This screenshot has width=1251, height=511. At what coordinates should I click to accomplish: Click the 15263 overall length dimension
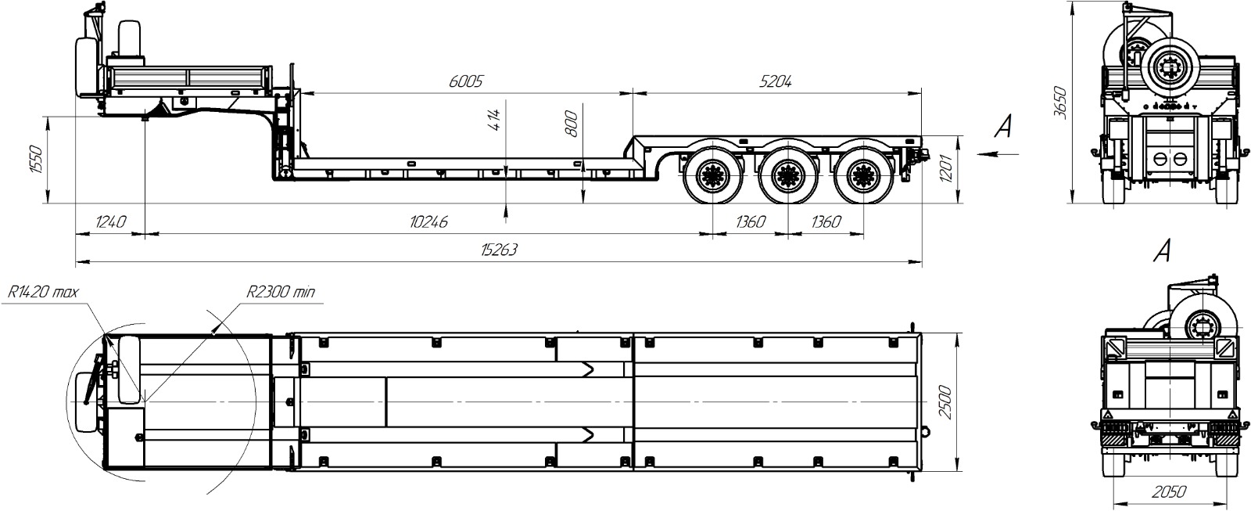(x=499, y=250)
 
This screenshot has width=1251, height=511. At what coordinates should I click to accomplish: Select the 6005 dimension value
(x=465, y=81)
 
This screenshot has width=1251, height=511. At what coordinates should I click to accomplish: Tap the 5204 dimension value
(x=775, y=81)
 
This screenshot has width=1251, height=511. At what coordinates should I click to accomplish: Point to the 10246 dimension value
(x=428, y=222)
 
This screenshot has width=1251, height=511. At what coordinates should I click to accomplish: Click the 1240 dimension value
(x=110, y=222)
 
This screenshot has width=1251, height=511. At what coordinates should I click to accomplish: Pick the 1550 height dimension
(x=35, y=160)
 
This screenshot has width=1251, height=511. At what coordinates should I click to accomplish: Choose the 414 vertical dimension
(x=494, y=121)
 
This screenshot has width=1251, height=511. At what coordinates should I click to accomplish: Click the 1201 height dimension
(x=945, y=169)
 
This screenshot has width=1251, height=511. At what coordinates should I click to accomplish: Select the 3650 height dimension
(x=1059, y=103)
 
